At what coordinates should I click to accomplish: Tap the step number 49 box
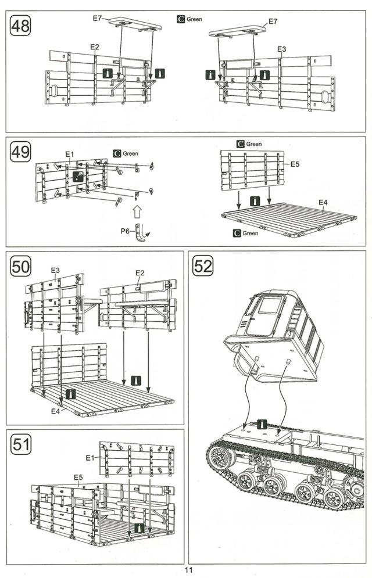22,153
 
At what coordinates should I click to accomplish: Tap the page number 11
188,570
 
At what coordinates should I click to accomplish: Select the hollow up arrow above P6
138,210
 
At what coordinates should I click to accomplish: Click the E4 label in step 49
323,202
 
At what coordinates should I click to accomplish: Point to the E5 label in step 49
295,164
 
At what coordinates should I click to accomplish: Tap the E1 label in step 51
90,458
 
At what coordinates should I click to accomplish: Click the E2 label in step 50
139,272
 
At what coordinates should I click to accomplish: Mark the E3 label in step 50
56,270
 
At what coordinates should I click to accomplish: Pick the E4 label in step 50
55,411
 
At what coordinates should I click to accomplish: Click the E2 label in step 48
95,46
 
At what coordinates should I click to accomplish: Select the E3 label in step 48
282,49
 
